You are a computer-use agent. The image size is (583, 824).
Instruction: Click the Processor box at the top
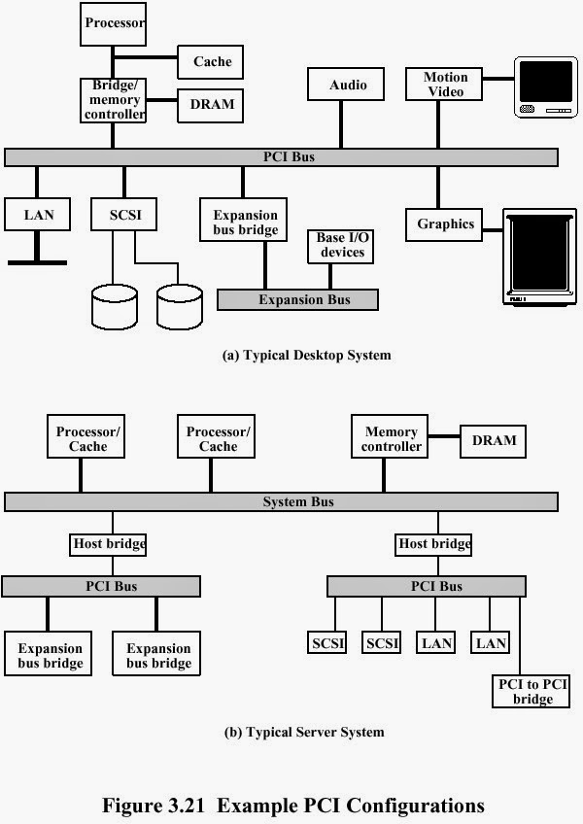coord(113,23)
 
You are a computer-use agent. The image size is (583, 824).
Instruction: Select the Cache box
coord(210,62)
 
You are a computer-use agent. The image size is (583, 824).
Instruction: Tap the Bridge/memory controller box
coord(113,100)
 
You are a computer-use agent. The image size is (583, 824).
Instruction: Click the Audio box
coord(347,85)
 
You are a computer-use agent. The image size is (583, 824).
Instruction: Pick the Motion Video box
coord(444,85)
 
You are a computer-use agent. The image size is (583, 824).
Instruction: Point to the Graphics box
coord(445,224)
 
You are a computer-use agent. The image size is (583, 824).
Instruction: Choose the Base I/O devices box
coord(341,245)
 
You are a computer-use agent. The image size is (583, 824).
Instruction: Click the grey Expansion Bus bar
coord(297,299)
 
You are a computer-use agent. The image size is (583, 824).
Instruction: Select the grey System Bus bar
coord(282,501)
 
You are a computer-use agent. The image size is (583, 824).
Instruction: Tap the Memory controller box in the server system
coord(392,439)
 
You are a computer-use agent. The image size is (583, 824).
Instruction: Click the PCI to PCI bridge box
coord(532,691)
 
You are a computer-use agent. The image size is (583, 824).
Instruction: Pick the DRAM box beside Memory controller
coord(494,440)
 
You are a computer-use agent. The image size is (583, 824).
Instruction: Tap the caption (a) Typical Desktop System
coord(306,356)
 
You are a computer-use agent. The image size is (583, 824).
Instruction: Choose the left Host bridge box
coord(109,544)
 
